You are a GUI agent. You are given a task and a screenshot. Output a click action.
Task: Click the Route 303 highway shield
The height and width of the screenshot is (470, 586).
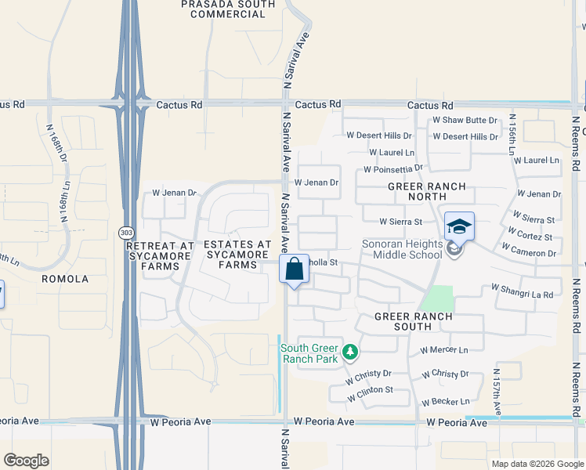(125, 233)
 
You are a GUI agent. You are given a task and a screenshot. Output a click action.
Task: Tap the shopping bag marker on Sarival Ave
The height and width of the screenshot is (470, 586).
(294, 269)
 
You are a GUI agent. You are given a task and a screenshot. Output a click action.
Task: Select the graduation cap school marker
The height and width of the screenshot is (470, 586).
(459, 227)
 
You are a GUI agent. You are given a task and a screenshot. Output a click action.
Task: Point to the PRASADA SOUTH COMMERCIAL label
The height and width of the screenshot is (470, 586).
(228, 9)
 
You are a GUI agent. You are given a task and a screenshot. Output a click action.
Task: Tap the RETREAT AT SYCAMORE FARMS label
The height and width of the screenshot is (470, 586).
(160, 255)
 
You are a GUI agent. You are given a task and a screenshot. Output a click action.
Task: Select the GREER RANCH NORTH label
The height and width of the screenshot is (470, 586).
(427, 192)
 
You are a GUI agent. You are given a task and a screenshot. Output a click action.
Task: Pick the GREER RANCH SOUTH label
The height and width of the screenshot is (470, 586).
(413, 322)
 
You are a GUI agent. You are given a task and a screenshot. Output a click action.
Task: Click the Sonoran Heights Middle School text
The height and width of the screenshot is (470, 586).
(402, 249)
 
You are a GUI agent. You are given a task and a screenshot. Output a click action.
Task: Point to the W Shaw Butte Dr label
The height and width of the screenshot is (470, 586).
(465, 120)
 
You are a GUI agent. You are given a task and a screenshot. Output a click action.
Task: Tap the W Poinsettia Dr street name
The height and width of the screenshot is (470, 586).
(393, 169)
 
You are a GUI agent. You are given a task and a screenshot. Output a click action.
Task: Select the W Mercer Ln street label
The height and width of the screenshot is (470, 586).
(443, 349)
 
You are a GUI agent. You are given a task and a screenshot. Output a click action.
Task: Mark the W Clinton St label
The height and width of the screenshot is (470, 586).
(370, 389)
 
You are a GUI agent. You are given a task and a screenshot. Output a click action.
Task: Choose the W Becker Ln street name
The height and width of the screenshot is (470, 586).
(445, 402)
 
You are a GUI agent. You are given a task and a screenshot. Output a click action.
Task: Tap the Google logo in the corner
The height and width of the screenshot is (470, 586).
(26, 460)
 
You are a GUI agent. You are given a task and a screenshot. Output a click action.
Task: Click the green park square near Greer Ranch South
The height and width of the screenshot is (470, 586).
(437, 298)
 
